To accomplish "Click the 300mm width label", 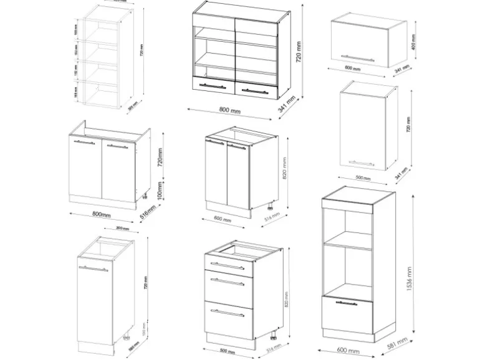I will tap(122, 229).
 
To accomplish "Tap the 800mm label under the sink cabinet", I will tap(100, 215).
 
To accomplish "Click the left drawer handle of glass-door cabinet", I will tap(212, 86).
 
